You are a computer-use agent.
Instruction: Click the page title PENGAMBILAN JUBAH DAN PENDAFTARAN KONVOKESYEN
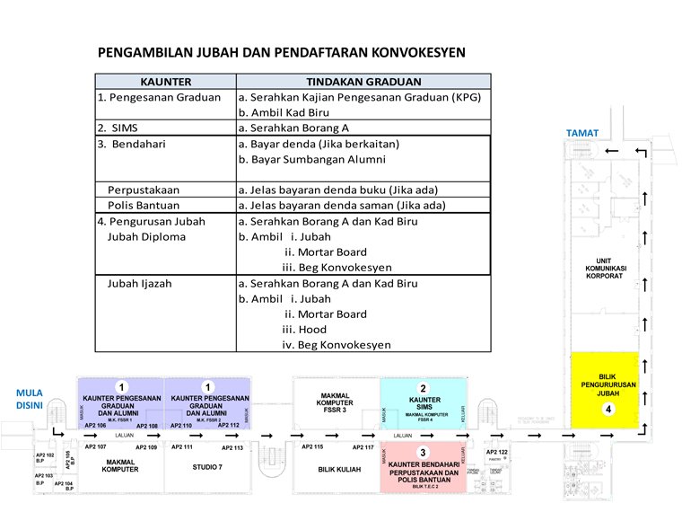point(281,52)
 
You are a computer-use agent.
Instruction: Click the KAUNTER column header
point(166,82)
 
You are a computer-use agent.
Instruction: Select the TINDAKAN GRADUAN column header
point(363,82)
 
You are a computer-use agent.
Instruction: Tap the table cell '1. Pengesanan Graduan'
point(159,97)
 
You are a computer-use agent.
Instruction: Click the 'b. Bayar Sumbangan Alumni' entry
point(311,159)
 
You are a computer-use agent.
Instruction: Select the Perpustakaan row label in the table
point(144,190)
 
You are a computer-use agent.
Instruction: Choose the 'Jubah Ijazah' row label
point(140,283)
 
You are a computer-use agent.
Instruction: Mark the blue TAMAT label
point(581,133)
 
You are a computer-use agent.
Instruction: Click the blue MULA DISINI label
point(31,397)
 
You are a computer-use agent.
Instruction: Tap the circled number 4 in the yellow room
point(608,410)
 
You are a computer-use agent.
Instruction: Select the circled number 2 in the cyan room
point(424,389)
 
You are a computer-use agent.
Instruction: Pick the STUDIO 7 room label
point(207,467)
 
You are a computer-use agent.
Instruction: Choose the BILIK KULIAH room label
point(337,468)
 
